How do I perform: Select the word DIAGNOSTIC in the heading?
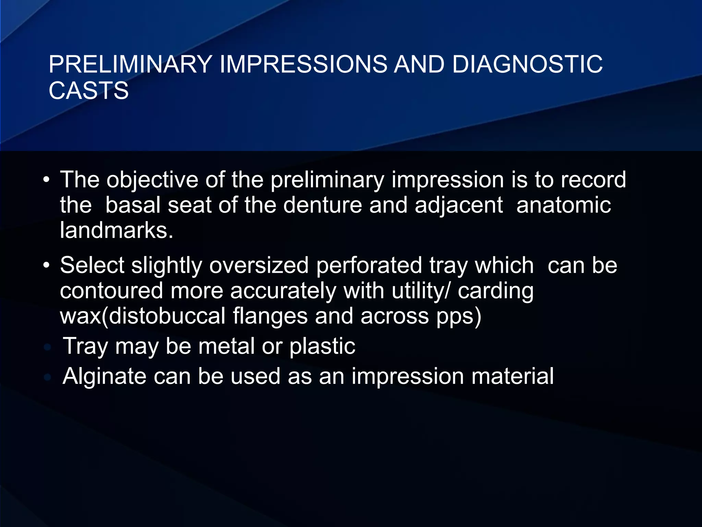[527, 65]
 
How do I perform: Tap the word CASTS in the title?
[88, 91]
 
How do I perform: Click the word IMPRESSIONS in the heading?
[303, 65]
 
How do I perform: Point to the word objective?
[152, 180]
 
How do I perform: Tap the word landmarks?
[117, 230]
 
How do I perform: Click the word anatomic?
[564, 205]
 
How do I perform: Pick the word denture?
[322, 205]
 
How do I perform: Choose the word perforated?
[369, 265]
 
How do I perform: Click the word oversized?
[259, 265]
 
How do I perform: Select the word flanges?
[270, 316]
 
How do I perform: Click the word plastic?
[322, 346]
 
